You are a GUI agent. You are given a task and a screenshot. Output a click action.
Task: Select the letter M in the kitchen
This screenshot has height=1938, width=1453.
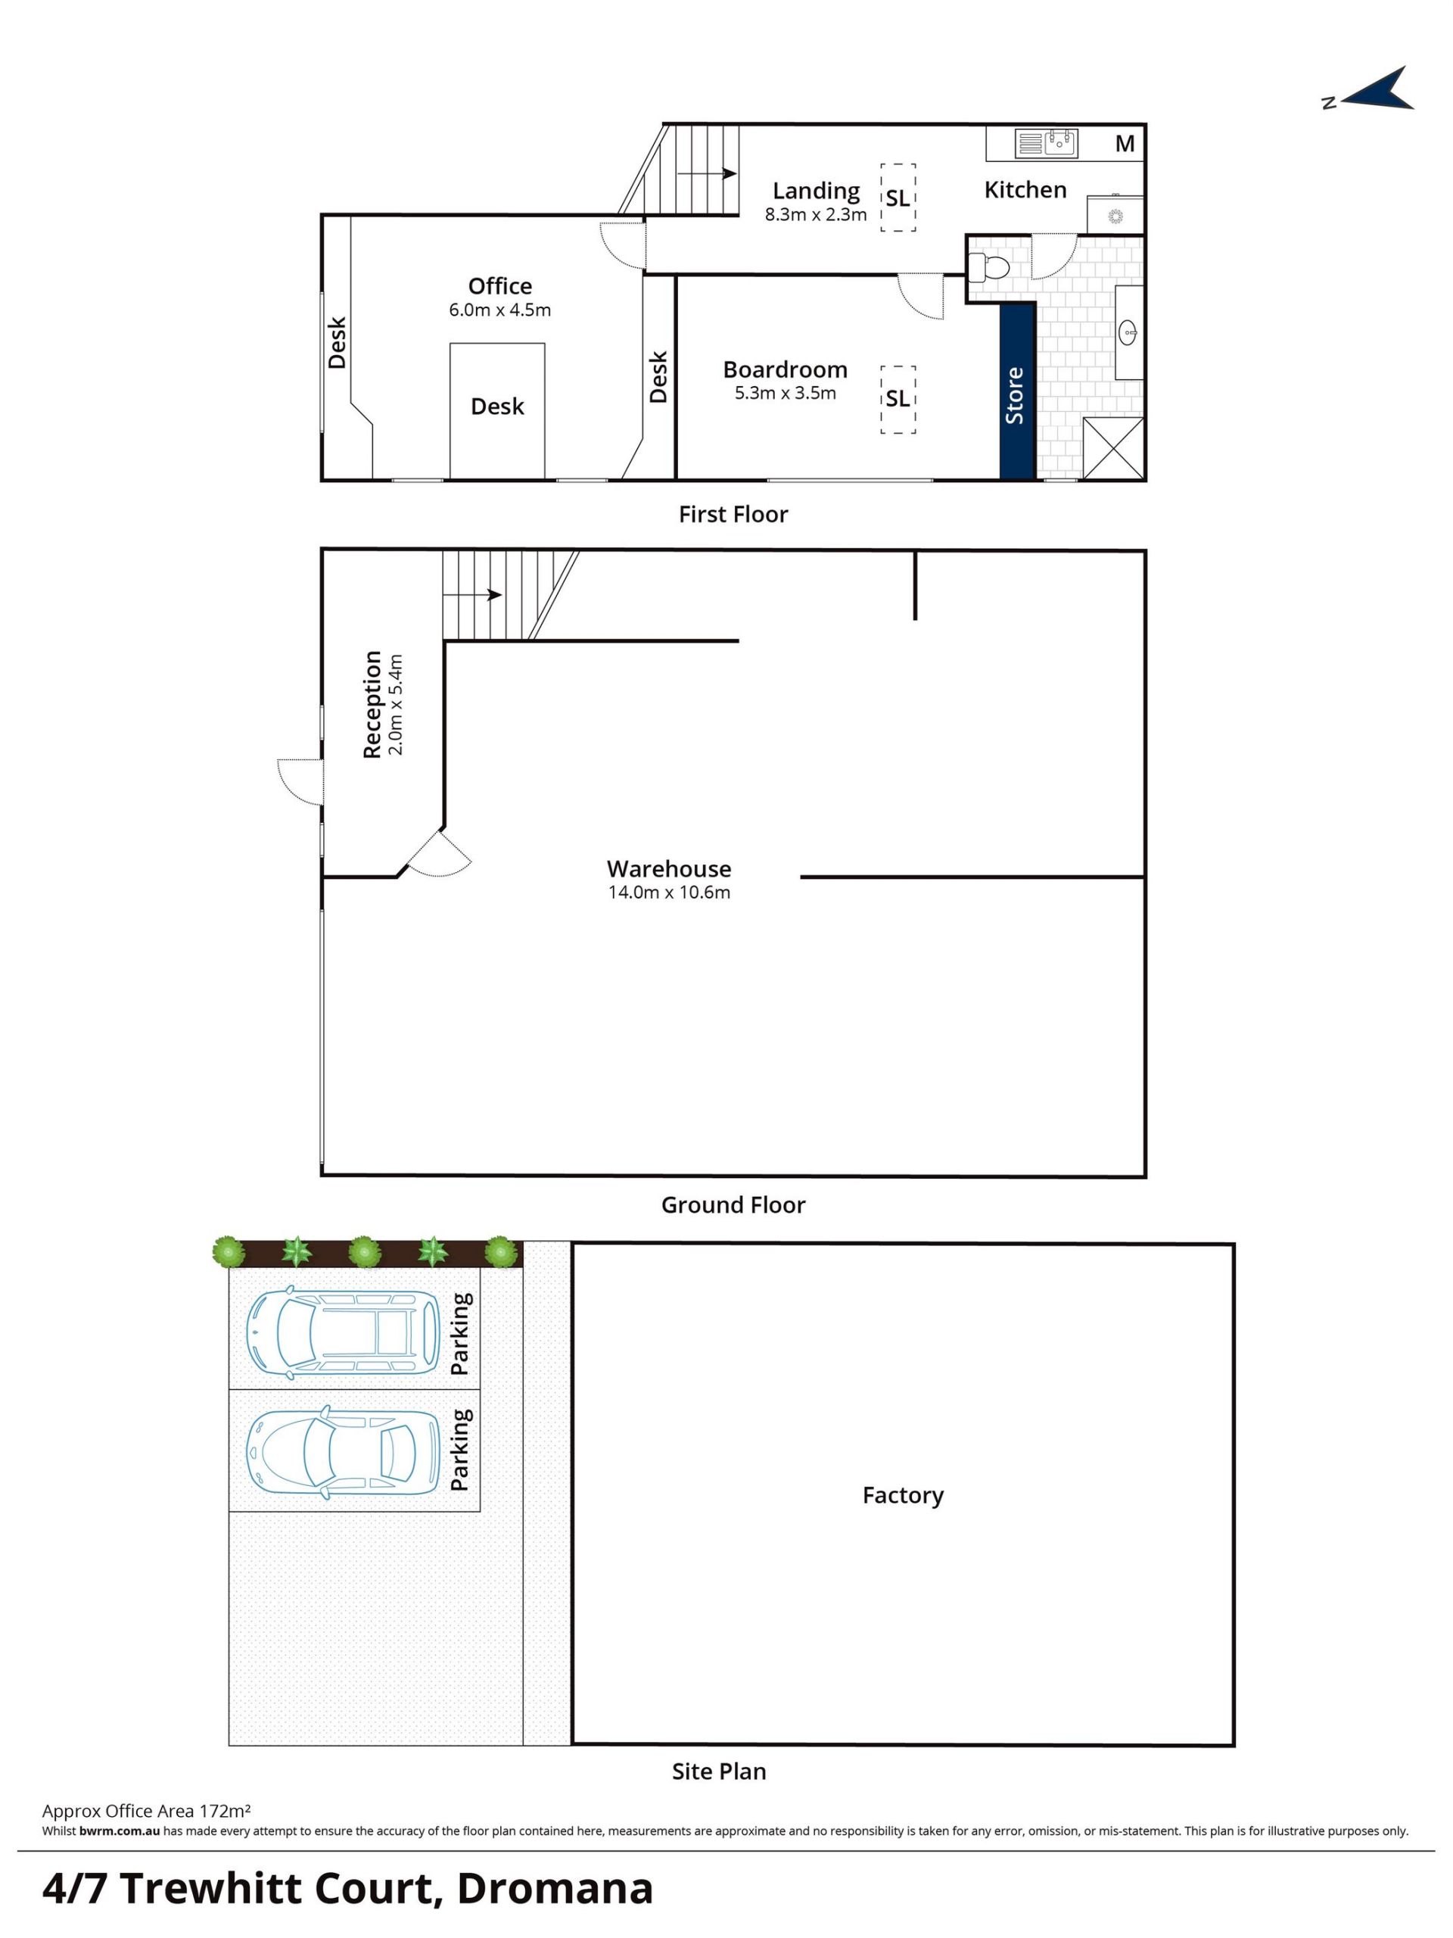1125,143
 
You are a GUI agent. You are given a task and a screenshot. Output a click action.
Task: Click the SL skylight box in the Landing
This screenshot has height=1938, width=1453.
898,197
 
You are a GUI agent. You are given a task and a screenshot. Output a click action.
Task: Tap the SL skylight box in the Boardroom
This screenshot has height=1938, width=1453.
898,400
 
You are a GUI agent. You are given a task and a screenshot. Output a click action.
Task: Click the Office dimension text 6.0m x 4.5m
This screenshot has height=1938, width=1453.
499,310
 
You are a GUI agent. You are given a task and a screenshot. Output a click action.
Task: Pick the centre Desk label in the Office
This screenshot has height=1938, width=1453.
497,407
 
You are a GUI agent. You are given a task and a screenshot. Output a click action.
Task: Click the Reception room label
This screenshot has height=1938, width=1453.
372,703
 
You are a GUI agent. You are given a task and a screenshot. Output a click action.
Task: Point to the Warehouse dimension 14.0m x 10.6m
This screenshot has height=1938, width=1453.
669,893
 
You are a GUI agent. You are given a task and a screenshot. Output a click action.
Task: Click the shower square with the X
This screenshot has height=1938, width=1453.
1113,449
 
